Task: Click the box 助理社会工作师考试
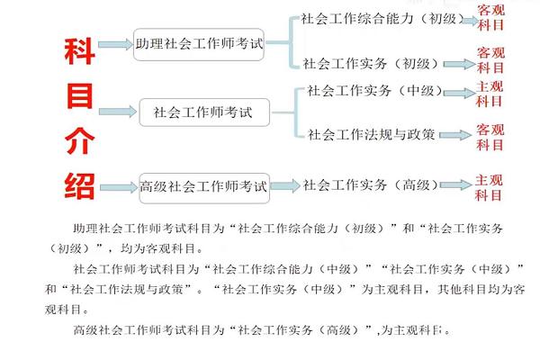(199, 44)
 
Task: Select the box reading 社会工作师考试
(204, 112)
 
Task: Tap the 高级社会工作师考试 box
(204, 188)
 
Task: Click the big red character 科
(79, 51)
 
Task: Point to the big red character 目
(79, 95)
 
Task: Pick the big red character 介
(79, 140)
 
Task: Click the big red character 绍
(79, 186)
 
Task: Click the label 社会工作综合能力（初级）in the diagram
(382, 19)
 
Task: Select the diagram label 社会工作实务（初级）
(371, 64)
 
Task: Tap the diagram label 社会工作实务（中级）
(375, 91)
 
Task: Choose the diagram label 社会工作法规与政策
(371, 134)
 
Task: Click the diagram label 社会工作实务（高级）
(371, 185)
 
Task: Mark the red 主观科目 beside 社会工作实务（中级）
(490, 94)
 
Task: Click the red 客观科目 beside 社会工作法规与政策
(490, 137)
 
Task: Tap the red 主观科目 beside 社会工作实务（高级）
(489, 188)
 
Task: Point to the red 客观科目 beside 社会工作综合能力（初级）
(490, 18)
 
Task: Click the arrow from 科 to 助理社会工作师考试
(115, 44)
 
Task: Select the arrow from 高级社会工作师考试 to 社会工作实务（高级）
(285, 186)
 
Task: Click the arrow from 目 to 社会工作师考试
(118, 112)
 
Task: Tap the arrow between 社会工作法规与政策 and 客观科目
(455, 135)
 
